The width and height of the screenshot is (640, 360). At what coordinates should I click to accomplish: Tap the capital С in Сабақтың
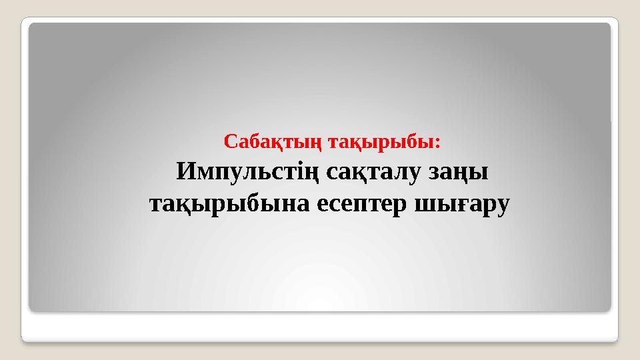[230, 142]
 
